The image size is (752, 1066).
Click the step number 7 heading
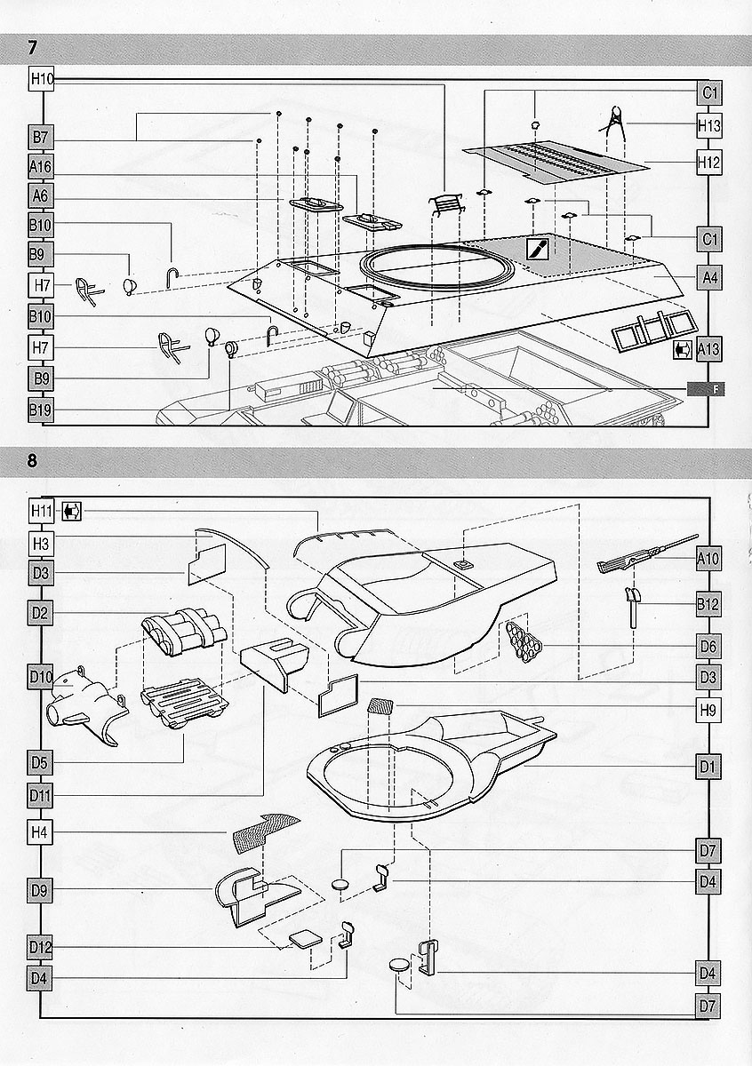(34, 45)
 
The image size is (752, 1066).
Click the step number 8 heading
(34, 461)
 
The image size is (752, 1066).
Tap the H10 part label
(42, 79)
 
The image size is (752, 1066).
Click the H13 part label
(709, 126)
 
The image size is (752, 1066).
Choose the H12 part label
(709, 163)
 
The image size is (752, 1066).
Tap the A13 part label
(709, 348)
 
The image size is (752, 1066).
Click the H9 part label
(709, 710)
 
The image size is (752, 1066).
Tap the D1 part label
(709, 765)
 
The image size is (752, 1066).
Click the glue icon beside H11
(72, 511)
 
